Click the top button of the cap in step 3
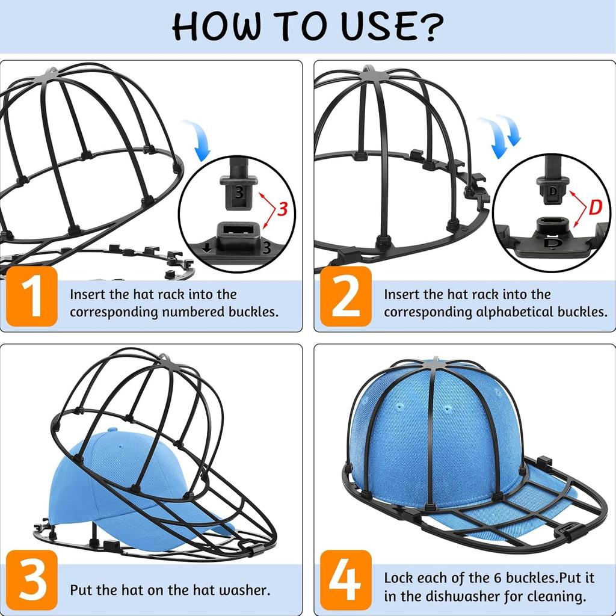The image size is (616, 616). pyautogui.click(x=112, y=431)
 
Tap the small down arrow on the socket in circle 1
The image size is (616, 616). pyautogui.click(x=208, y=247)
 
